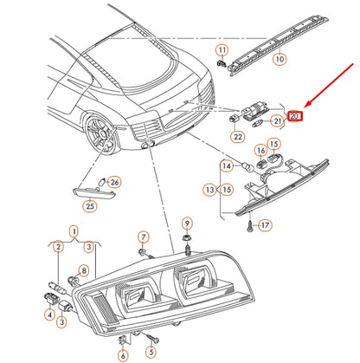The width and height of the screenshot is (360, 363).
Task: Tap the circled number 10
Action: click(x=278, y=61)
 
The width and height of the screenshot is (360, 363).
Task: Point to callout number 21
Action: click(x=278, y=122)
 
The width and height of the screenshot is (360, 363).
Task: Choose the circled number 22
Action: click(x=237, y=135)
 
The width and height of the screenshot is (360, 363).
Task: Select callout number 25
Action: click(x=89, y=205)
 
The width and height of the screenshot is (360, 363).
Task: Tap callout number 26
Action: click(x=115, y=182)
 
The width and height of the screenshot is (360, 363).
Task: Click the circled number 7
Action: click(x=144, y=237)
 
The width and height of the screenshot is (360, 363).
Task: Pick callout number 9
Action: click(x=186, y=224)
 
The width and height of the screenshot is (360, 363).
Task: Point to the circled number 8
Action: click(x=85, y=270)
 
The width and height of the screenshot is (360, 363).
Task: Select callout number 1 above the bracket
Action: click(x=74, y=231)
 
